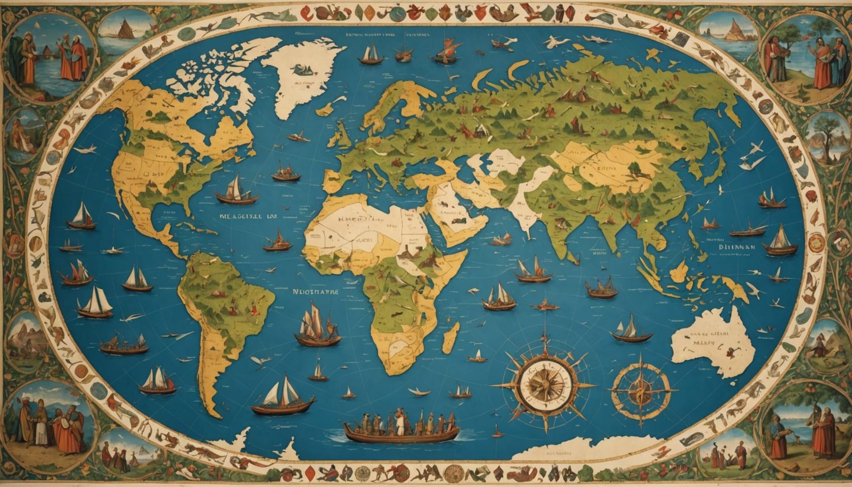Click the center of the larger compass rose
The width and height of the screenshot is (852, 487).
(x=544, y=384)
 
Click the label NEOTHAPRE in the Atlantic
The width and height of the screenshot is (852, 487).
(x=316, y=292)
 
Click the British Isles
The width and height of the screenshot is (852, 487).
(x=341, y=136)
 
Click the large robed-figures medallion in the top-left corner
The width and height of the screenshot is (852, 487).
(x=51, y=56)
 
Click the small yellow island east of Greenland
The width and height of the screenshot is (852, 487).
(x=324, y=110)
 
